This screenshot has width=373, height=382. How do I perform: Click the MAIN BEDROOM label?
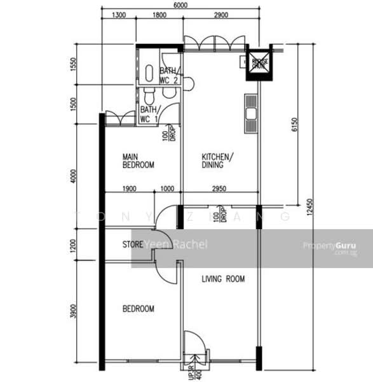click(138, 160)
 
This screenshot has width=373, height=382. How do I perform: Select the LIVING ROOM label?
click(223, 279)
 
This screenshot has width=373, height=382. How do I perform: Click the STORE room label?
click(132, 244)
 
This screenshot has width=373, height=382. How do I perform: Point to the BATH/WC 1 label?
click(149, 113)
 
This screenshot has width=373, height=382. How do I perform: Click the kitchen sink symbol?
click(251, 114)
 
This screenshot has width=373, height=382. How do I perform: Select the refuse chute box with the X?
click(259, 62)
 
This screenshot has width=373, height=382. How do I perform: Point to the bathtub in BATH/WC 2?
click(148, 74)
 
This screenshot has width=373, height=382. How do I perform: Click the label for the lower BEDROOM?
click(138, 309)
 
